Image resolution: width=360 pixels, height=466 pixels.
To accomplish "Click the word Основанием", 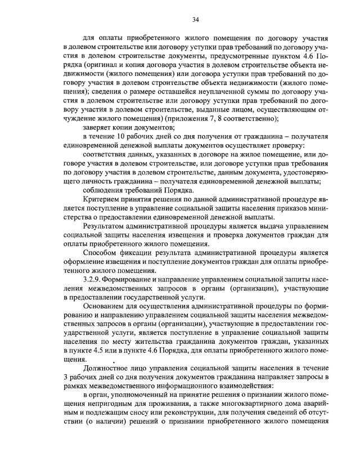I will (106, 307).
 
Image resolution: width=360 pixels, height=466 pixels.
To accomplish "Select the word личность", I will (94, 181).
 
